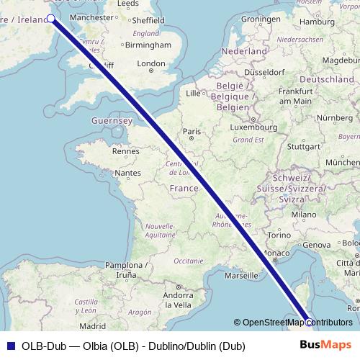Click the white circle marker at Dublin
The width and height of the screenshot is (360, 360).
click(51, 19)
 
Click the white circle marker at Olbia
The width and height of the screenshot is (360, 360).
click(309, 321)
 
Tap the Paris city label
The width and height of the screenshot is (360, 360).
click(191, 131)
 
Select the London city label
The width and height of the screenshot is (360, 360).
click(151, 63)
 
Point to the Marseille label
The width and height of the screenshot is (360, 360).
click(240, 275)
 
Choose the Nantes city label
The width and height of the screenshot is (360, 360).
click(127, 173)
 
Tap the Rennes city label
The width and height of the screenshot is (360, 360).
click(126, 151)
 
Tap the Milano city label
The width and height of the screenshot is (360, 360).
click(304, 215)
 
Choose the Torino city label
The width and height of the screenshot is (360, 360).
click(279, 235)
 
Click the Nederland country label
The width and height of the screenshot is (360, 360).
click(246, 52)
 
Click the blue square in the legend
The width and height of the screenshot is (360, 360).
click(10, 345)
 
